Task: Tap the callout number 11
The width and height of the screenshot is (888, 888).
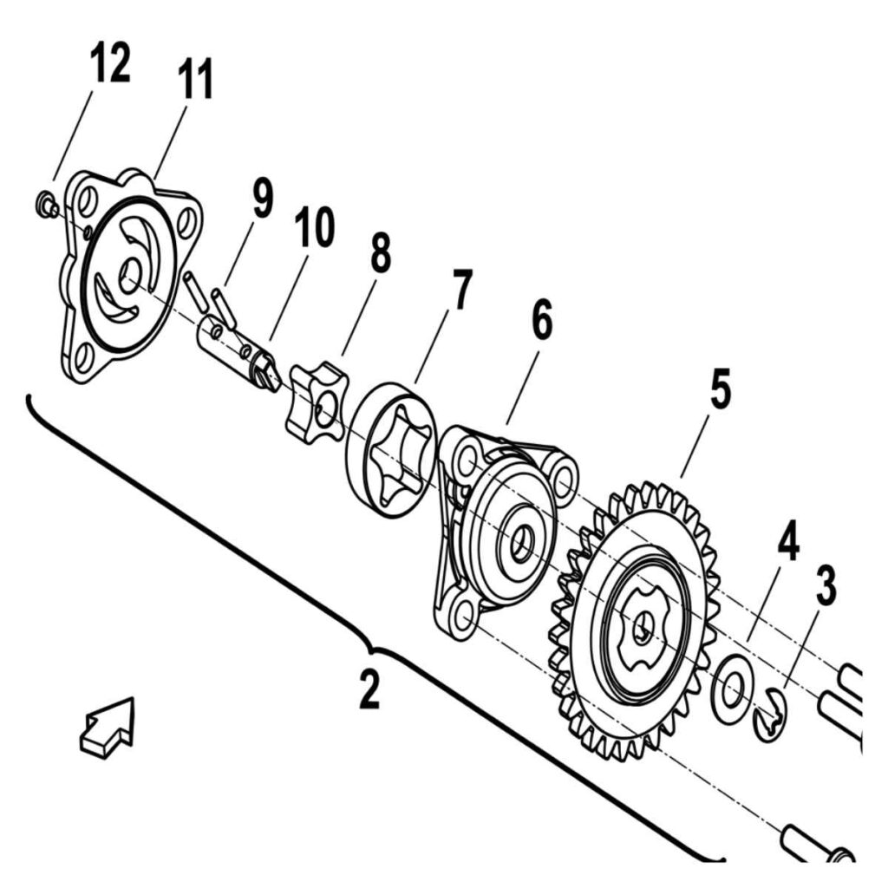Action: click(x=195, y=79)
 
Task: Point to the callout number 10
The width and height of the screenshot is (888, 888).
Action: click(x=314, y=226)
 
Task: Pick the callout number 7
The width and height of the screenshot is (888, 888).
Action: click(x=461, y=289)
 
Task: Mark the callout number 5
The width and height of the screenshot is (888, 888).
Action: click(x=721, y=388)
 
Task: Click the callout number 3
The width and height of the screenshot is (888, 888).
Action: click(x=826, y=586)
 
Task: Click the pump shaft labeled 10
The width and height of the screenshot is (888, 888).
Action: click(x=238, y=351)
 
